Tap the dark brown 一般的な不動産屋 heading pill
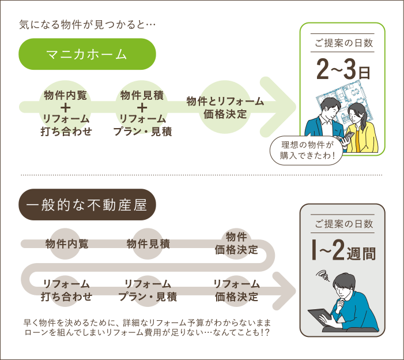tap(87, 205)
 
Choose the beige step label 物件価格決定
tap(236, 243)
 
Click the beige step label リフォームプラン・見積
tap(148, 291)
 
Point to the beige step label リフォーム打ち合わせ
tap(66, 291)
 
